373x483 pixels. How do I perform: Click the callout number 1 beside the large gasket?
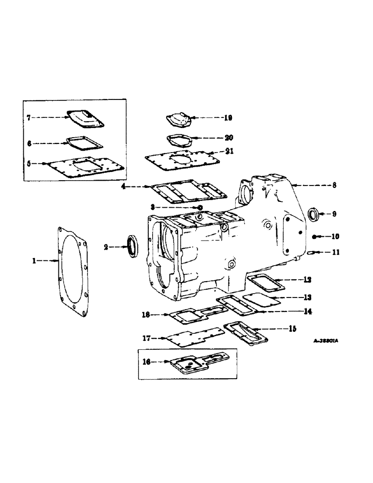coord(34,260)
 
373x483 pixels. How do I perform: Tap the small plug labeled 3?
coord(199,208)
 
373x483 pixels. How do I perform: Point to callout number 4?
coord(125,186)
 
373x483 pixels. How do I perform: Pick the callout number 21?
coord(229,151)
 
